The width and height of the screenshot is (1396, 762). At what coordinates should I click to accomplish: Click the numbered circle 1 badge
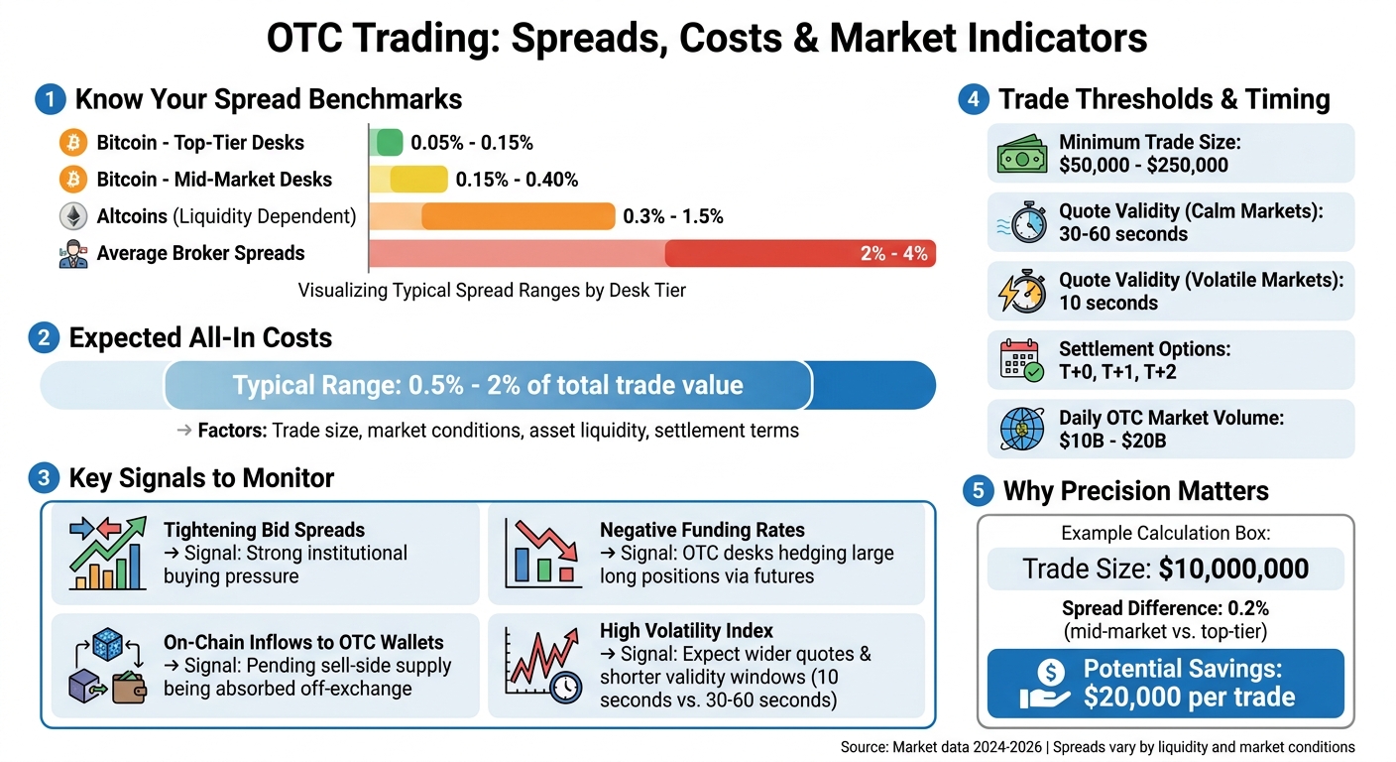pos(48,100)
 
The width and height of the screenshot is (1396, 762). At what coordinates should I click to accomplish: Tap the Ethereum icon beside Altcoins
pos(72,216)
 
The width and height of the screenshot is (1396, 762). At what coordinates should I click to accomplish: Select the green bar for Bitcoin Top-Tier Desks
pos(389,143)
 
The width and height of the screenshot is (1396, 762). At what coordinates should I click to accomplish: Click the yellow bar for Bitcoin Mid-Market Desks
pos(417,180)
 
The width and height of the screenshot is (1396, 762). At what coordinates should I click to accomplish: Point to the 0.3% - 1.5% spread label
pos(672,216)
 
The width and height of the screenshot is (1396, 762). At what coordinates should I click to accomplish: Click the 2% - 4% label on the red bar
pos(893,253)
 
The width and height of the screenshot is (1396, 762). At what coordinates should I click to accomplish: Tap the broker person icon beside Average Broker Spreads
pos(72,254)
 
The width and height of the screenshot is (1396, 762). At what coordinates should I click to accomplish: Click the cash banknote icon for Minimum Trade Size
pos(1021,154)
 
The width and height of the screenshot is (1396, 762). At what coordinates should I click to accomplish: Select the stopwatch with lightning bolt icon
pos(1021,292)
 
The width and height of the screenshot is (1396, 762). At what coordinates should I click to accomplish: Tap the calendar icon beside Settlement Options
pos(1021,361)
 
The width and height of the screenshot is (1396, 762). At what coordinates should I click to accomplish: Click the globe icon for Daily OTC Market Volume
pos(1021,430)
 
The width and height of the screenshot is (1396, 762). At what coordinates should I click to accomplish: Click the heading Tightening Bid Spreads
pos(264,530)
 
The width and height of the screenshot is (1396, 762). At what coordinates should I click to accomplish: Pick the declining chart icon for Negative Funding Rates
pos(539,551)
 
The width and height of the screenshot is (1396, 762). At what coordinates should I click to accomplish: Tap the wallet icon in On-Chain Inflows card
pos(129,686)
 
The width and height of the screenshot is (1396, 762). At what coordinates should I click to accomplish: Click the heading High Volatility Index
pos(686,631)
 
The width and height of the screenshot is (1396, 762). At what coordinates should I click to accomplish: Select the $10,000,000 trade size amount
pos(1233,569)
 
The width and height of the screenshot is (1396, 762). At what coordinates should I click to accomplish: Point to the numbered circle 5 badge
pos(978,491)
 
